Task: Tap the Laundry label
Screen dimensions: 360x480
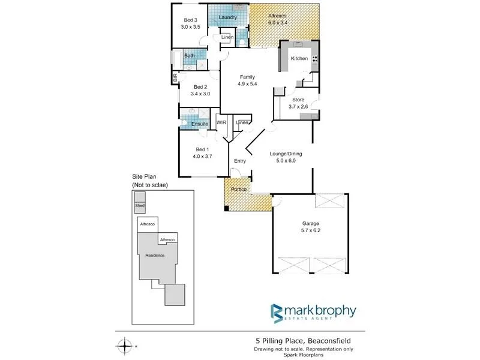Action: (228, 17)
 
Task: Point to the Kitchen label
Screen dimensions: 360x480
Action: (299, 58)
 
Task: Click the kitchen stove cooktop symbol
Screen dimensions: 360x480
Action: (314, 58)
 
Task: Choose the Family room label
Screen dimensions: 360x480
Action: (247, 77)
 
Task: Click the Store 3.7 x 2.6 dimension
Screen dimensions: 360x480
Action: (298, 106)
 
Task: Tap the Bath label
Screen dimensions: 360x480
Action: (189, 56)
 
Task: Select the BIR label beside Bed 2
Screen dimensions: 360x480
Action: (175, 77)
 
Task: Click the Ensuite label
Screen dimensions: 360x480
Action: (200, 124)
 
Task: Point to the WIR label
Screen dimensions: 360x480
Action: (221, 122)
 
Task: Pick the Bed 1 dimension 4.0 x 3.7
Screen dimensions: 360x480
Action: (203, 157)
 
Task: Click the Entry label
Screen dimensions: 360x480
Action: (240, 161)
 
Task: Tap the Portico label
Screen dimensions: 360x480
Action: (239, 190)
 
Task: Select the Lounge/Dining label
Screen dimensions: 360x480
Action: (285, 154)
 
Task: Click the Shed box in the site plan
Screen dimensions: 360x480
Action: (140, 205)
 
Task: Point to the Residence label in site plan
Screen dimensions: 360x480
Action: (155, 255)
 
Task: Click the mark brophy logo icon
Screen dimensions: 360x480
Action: (277, 314)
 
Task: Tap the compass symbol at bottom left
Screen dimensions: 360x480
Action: (124, 346)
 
